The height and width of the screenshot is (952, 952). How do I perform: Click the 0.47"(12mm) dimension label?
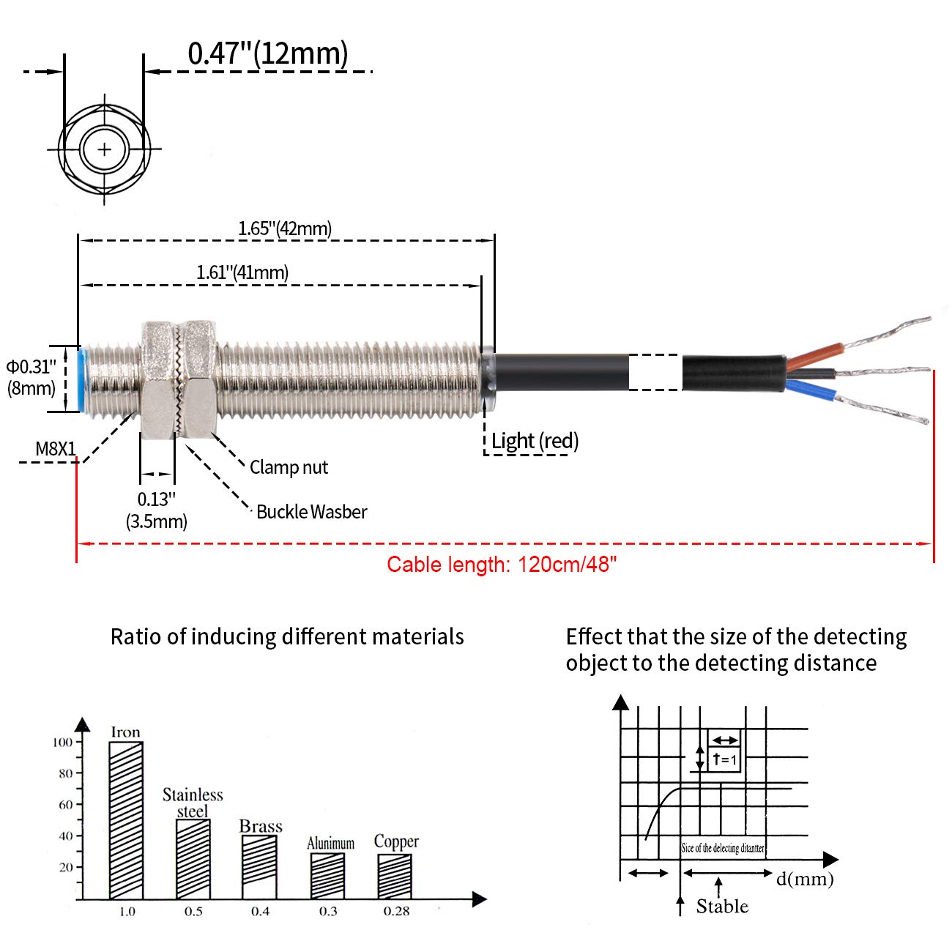click(267, 53)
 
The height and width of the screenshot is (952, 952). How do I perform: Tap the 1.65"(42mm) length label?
click(285, 228)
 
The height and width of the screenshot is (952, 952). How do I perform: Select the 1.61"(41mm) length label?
click(242, 272)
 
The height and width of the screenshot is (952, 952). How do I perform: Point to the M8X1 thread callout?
click(56, 449)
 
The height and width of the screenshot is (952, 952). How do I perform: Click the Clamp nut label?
click(289, 467)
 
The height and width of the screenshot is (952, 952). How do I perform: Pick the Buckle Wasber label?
click(311, 512)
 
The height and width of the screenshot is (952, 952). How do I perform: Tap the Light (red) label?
click(535, 441)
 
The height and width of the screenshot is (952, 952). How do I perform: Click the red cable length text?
click(502, 565)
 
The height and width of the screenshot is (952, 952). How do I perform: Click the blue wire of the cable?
click(813, 387)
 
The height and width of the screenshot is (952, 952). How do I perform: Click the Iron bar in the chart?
click(126, 820)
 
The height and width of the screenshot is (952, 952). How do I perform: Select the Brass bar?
click(259, 867)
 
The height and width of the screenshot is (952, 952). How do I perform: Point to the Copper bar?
click(395, 877)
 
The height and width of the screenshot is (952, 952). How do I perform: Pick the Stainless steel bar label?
click(193, 803)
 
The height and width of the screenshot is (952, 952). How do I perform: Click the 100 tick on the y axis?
click(63, 743)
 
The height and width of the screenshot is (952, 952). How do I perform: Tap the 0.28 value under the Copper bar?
click(396, 911)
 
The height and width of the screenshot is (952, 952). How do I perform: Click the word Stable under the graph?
click(722, 907)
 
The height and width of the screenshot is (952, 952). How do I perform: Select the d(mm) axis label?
click(805, 879)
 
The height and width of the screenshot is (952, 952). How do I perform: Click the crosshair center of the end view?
click(105, 149)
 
